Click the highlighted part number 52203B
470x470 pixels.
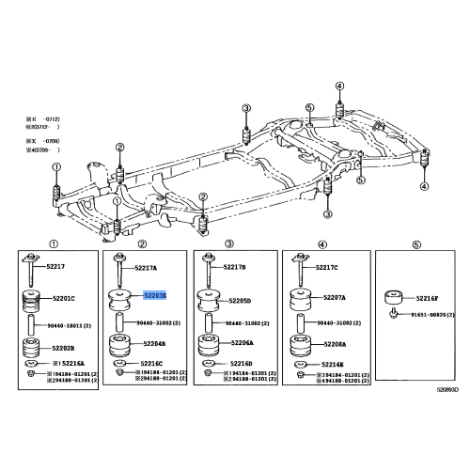(154, 295)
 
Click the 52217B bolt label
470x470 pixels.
(234, 268)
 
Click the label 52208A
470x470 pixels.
(330, 345)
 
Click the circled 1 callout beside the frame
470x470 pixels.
(55, 166)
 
